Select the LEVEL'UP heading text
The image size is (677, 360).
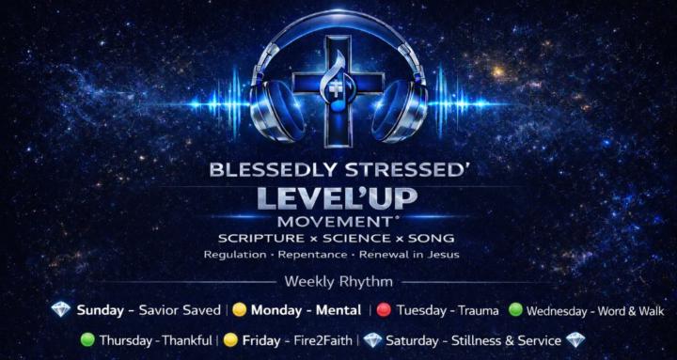pyautogui.click(x=338, y=199)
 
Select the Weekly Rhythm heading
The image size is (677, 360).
pyautogui.click(x=338, y=281)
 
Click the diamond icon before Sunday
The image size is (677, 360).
pyautogui.click(x=61, y=309)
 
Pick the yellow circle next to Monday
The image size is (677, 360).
pyautogui.click(x=240, y=309)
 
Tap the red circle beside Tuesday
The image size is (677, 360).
pyautogui.click(x=384, y=309)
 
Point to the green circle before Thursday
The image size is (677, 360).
pyautogui.click(x=87, y=340)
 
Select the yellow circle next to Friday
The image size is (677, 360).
pyautogui.click(x=230, y=340)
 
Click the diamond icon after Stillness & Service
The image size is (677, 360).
pyautogui.click(x=575, y=340)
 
